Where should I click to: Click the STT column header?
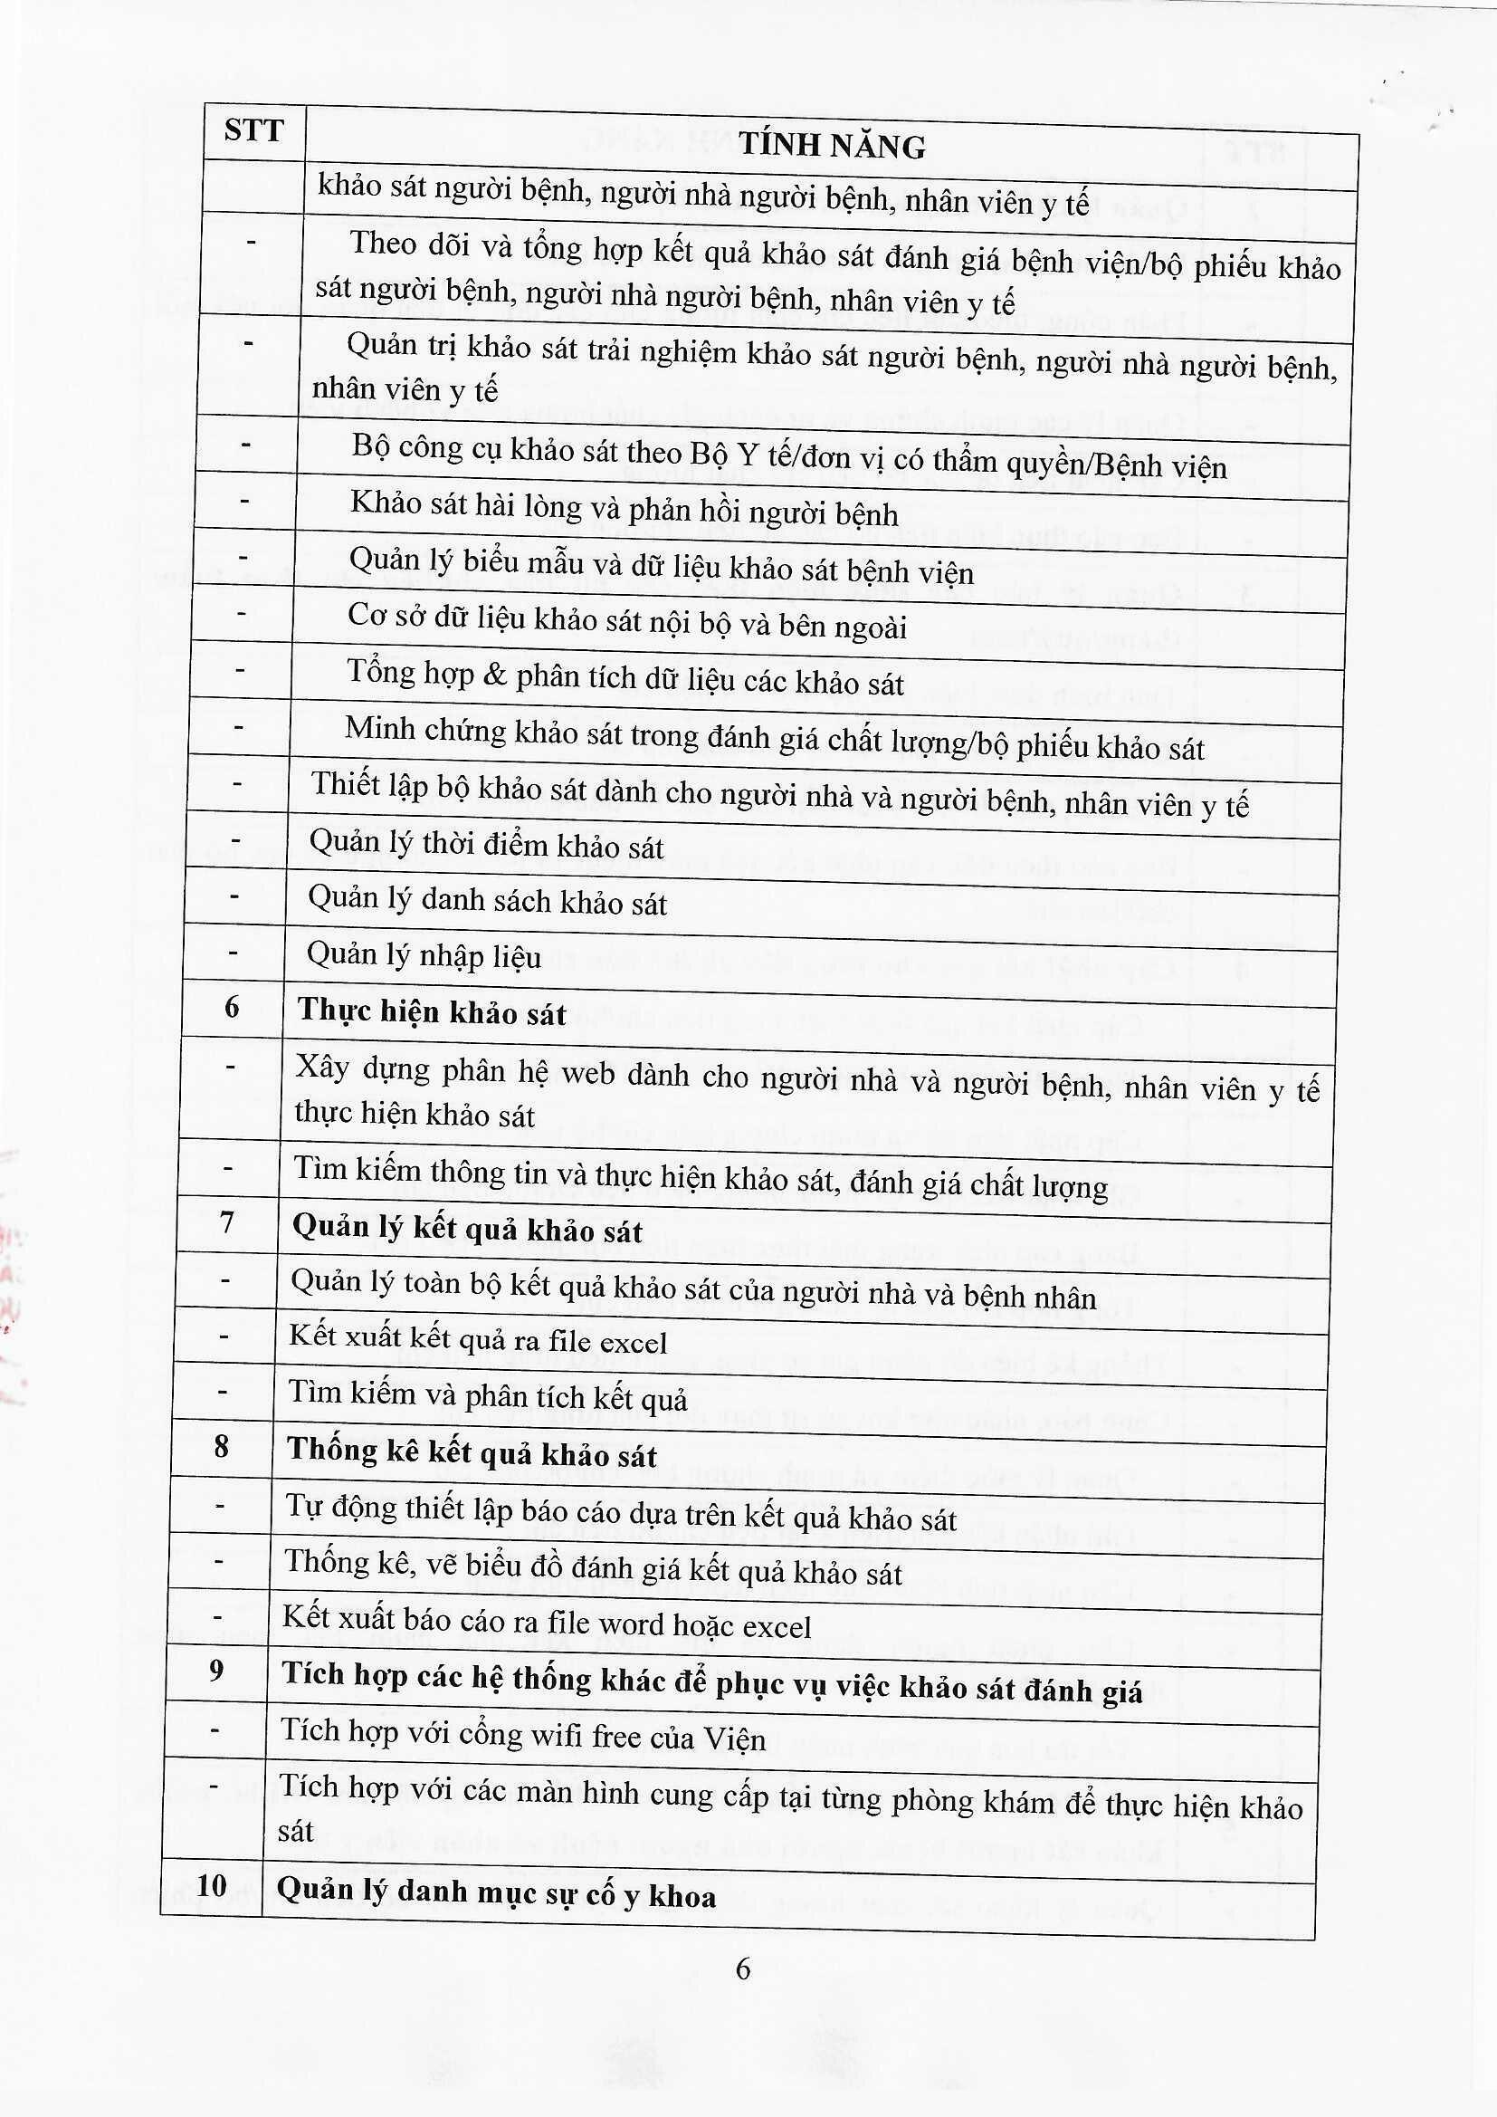tap(253, 131)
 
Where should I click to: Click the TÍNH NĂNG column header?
tap(832, 146)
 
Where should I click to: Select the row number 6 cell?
tap(232, 1007)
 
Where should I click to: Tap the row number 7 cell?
tap(227, 1222)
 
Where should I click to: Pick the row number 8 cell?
tap(221, 1446)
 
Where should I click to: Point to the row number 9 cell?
tap(216, 1670)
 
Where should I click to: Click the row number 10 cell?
tap(211, 1884)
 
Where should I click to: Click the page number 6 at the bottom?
tap(743, 1969)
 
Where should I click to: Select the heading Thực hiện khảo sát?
tap(432, 1011)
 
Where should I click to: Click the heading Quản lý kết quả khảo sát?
tap(467, 1229)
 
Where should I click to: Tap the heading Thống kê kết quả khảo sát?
tap(472, 1453)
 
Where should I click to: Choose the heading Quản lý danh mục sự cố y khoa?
tap(496, 1894)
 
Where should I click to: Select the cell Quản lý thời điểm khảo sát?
tap(486, 844)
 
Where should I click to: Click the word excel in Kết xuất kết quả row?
tap(632, 1343)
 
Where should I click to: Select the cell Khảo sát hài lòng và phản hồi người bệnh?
tap(625, 508)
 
